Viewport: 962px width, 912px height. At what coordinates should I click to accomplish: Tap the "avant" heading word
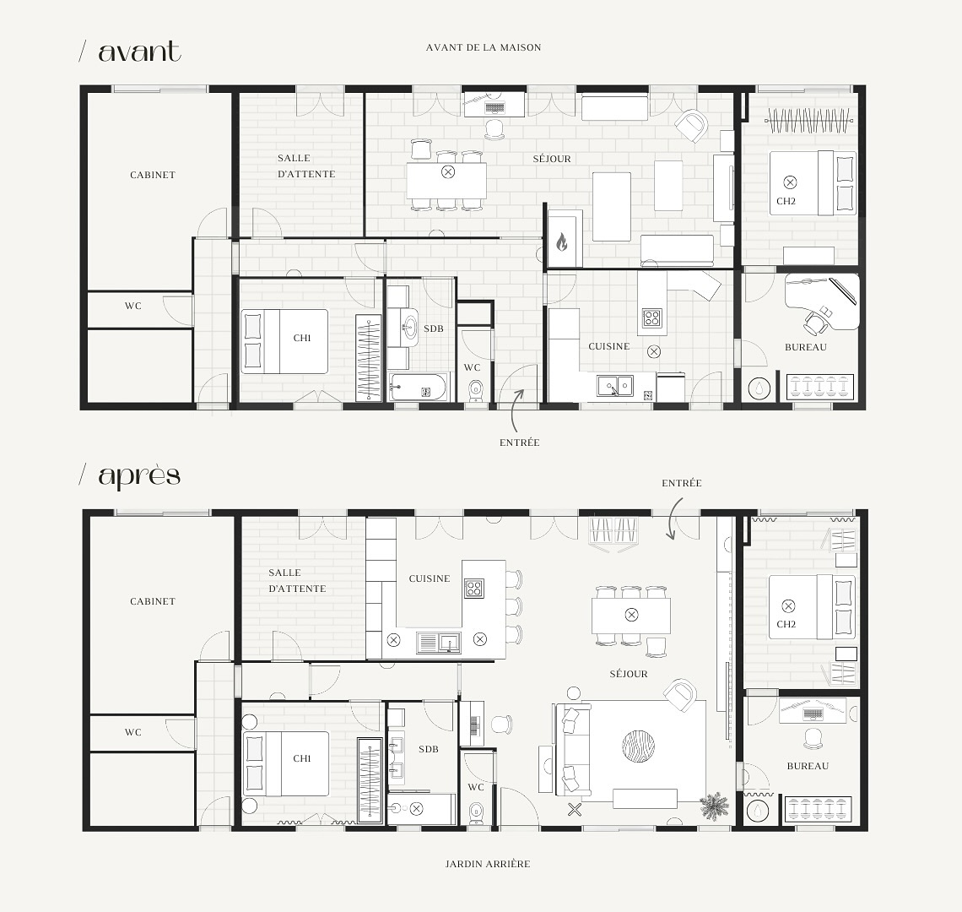(139, 52)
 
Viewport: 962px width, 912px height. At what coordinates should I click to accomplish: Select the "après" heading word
(139, 475)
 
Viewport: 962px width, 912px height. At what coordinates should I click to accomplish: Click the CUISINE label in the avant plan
(609, 346)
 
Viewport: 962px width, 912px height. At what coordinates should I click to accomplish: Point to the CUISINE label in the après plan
(430, 578)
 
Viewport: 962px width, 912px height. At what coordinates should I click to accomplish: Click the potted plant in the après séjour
(715, 806)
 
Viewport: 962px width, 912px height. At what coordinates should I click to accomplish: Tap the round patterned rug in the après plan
(638, 746)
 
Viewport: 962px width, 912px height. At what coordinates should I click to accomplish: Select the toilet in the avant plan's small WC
(475, 390)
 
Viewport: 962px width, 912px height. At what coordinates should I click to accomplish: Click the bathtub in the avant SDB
(419, 389)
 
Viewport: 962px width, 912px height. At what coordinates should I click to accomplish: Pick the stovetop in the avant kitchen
(652, 318)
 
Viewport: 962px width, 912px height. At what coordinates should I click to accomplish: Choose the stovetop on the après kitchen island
(473, 588)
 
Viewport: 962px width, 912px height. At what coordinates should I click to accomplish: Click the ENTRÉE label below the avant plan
(519, 442)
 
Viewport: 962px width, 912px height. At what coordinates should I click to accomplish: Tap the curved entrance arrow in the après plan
(673, 516)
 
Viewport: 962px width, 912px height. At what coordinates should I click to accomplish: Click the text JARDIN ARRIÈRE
(488, 864)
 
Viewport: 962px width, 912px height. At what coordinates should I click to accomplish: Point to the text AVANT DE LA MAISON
(484, 47)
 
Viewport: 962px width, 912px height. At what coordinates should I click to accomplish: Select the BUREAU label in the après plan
(808, 766)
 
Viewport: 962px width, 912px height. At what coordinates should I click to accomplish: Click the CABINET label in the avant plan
(153, 175)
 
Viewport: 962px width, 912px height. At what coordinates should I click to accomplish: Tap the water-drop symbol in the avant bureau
(762, 388)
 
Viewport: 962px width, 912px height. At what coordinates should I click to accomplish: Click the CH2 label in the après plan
(786, 624)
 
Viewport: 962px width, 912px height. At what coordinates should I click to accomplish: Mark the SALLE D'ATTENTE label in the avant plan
(306, 166)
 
